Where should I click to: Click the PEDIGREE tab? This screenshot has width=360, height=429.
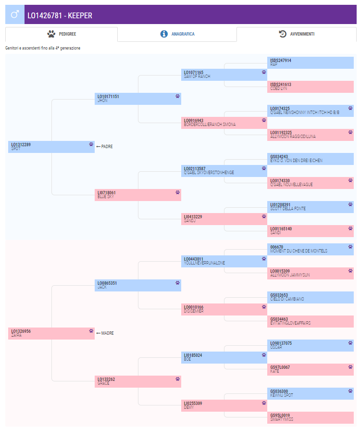62,34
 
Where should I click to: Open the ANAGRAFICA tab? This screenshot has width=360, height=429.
177,34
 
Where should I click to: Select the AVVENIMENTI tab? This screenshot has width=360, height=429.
297,34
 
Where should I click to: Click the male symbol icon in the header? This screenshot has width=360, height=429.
15,15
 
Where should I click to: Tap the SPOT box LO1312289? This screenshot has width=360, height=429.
51,147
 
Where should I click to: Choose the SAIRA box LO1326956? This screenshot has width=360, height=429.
51,333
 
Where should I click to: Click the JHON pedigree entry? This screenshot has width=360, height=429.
138,99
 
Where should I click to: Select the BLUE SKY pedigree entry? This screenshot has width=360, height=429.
138,195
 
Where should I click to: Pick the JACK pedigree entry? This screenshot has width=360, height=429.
138,285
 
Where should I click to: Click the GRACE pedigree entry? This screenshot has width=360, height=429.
138,381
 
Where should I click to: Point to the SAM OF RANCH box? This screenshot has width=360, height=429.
224,75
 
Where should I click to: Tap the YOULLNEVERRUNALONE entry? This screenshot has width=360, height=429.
224,261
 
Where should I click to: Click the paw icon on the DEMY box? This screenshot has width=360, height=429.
264,403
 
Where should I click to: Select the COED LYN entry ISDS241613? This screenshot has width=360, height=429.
310,87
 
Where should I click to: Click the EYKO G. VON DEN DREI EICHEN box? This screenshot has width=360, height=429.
310,159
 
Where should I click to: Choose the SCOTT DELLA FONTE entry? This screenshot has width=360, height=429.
310,207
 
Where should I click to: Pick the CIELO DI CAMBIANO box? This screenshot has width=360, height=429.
310,297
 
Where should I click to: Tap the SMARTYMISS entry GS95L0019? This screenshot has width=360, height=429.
310,417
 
